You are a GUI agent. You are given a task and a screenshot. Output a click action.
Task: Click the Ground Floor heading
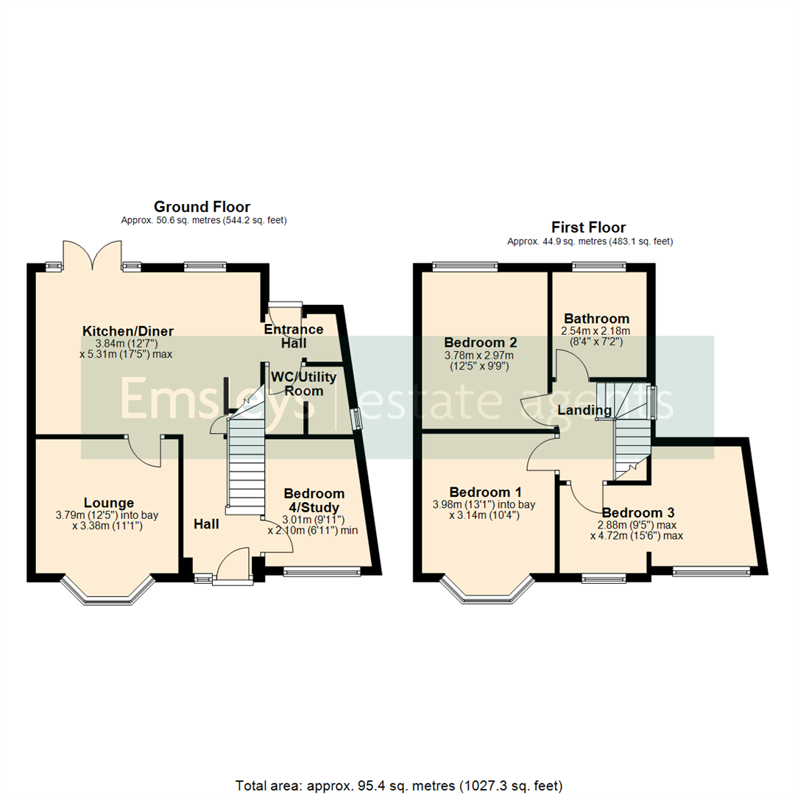pyautogui.click(x=202, y=207)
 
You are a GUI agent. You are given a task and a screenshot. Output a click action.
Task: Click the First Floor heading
pyautogui.click(x=589, y=227)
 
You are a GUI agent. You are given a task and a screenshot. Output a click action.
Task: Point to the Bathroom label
pyautogui.click(x=596, y=319)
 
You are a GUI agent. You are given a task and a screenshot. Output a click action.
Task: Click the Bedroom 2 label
pyautogui.click(x=481, y=342)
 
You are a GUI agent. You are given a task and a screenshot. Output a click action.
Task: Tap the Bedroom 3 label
pyautogui.click(x=637, y=512)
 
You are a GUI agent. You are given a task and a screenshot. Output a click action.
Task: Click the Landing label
pyautogui.click(x=584, y=410)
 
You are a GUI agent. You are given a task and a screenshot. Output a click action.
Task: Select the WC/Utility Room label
pyautogui.click(x=303, y=384)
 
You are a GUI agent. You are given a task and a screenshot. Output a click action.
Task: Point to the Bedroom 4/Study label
pyautogui.click(x=314, y=500)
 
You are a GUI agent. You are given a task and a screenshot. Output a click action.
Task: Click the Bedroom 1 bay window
pyautogui.click(x=487, y=593)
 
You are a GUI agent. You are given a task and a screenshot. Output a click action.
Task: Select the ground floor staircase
pyautogui.click(x=245, y=464)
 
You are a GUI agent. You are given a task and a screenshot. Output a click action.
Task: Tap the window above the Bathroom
pyautogui.click(x=598, y=267)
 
